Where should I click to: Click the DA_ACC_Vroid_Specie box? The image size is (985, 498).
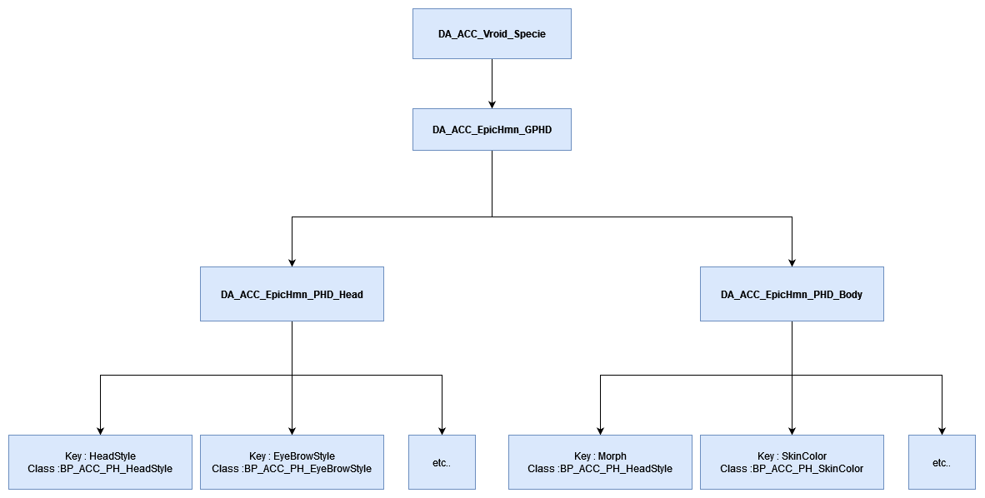click(492, 34)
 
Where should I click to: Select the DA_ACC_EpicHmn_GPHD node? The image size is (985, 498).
click(492, 130)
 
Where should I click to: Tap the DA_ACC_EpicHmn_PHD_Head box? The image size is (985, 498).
click(292, 294)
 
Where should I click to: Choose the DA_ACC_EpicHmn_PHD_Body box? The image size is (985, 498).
click(792, 294)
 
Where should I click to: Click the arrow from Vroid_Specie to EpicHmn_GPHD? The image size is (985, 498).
click(492, 83)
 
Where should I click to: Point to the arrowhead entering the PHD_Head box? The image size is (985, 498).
click(292, 261)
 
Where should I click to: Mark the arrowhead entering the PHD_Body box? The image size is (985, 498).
click(792, 261)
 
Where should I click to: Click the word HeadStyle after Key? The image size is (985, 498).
click(112, 456)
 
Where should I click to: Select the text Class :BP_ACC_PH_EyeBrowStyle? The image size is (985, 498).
click(292, 469)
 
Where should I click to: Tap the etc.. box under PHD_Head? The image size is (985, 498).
click(442, 462)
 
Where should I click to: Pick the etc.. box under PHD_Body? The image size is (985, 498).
click(942, 462)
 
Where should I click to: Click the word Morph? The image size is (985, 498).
click(612, 456)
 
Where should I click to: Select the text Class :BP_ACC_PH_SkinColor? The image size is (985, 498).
click(792, 469)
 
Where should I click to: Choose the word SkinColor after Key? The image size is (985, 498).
click(804, 456)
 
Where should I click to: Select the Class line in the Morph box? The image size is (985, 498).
click(600, 469)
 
